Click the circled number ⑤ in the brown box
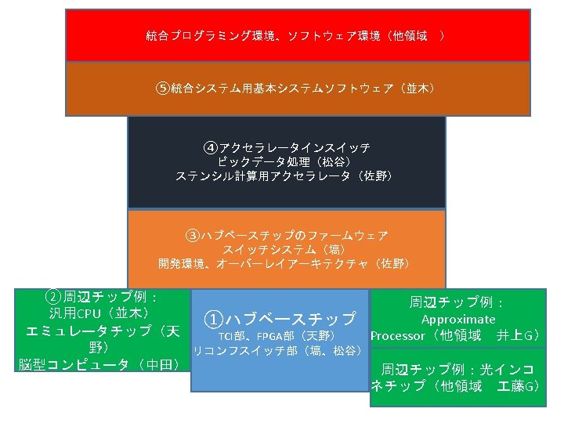pyautogui.click(x=163, y=88)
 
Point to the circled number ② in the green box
pyautogui.click(x=52, y=297)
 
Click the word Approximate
pyautogui.click(x=458, y=319)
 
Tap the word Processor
pyautogui.click(x=397, y=336)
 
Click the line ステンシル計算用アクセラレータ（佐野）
pyautogui.click(x=286, y=176)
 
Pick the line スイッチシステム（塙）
pyautogui.click(x=286, y=248)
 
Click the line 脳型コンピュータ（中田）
pyautogui.click(x=99, y=364)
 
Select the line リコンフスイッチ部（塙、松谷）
pyautogui.click(x=277, y=349)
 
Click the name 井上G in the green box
pyautogui.click(x=516, y=336)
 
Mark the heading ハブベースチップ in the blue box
pyautogui.click(x=290, y=319)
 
